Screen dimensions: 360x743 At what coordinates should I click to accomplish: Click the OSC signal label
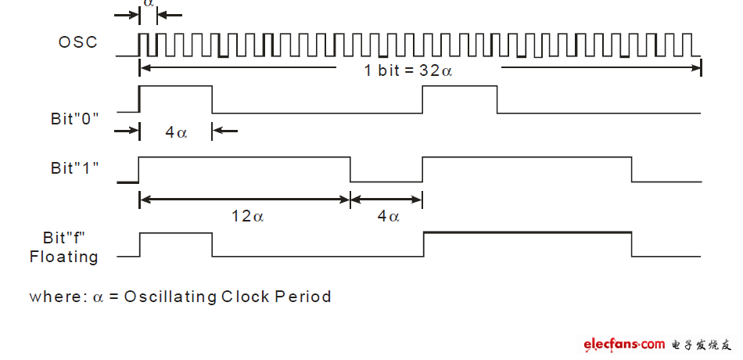[78, 42]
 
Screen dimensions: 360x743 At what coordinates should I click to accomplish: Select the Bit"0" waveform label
[74, 119]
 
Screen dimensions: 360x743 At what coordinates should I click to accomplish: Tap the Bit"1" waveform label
[74, 167]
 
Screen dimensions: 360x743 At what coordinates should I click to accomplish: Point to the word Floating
[64, 257]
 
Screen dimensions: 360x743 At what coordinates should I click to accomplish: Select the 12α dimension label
[247, 216]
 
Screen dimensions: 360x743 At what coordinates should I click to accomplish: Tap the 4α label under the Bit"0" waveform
[176, 132]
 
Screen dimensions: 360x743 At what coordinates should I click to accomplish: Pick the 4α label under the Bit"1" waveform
[388, 216]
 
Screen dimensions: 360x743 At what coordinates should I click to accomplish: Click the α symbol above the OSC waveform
[149, 4]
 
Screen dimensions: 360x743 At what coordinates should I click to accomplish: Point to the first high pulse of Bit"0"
[175, 87]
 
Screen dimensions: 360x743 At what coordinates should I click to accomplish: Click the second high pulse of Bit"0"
[460, 87]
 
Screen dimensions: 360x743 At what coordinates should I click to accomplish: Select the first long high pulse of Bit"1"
[244, 158]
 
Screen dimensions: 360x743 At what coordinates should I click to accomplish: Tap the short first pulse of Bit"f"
[176, 233]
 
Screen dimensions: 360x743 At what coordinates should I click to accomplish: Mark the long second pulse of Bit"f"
[527, 232]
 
